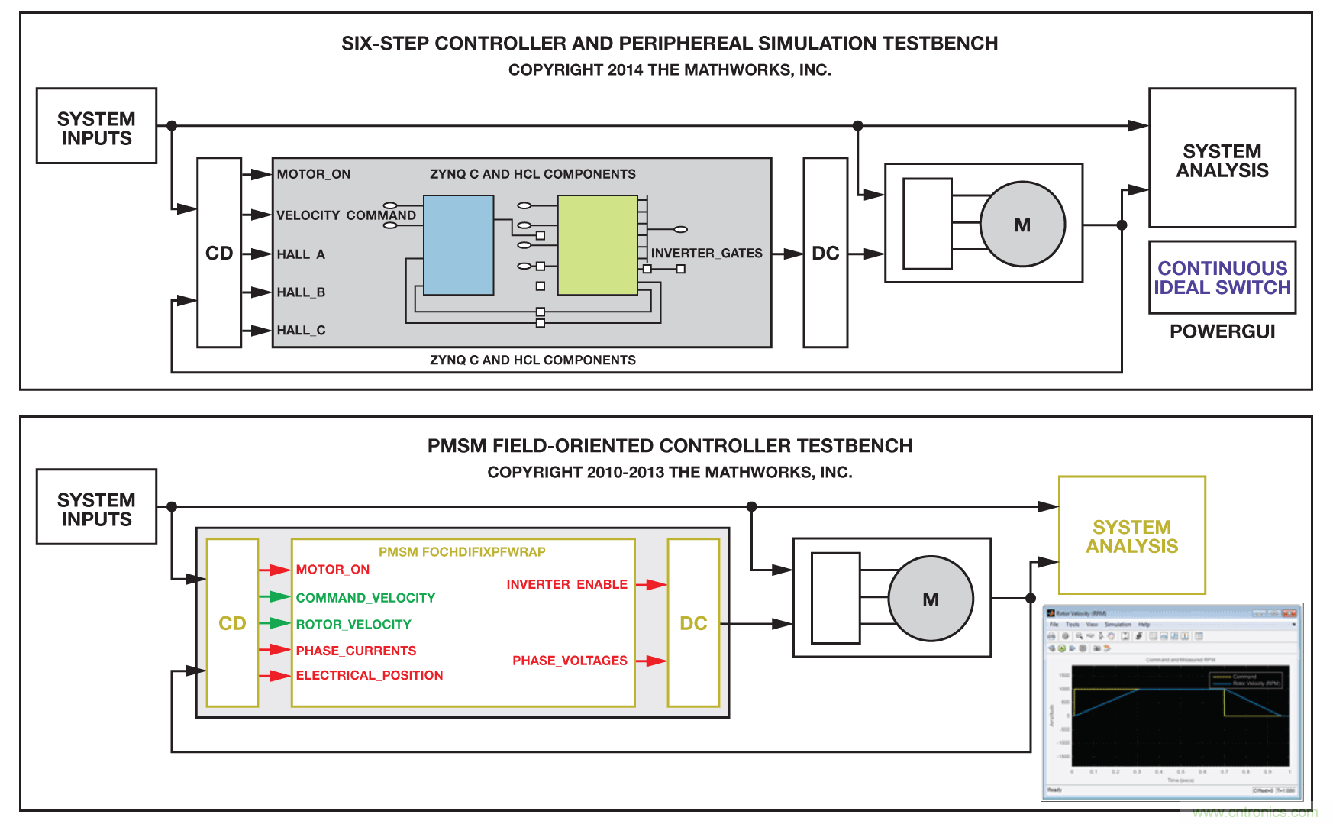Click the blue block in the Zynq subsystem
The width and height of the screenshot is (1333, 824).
tap(458, 245)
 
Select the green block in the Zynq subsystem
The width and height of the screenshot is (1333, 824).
tap(597, 245)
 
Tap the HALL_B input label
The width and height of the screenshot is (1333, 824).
tap(301, 292)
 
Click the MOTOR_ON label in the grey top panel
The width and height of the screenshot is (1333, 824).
tap(314, 174)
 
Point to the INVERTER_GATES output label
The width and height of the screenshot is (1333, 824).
tap(706, 254)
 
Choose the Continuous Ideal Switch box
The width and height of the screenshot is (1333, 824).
tap(1222, 278)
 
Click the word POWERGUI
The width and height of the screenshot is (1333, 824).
tap(1222, 331)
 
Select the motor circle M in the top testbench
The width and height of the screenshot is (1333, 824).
tap(1022, 225)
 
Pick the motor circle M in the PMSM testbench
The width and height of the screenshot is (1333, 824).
tap(931, 599)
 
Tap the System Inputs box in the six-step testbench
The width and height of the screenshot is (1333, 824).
tap(96, 127)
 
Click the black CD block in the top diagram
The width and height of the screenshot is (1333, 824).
tap(219, 253)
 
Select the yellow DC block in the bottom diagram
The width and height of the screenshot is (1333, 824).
tap(693, 623)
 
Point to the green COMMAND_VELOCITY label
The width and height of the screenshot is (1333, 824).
tap(366, 598)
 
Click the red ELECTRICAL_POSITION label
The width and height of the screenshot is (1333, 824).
tap(370, 675)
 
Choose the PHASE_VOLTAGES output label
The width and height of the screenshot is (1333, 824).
tap(570, 661)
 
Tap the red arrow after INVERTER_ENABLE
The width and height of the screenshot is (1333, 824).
tap(650, 585)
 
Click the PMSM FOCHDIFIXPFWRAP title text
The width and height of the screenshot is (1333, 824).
tap(462, 551)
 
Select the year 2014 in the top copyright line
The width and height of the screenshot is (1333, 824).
tap(625, 70)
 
